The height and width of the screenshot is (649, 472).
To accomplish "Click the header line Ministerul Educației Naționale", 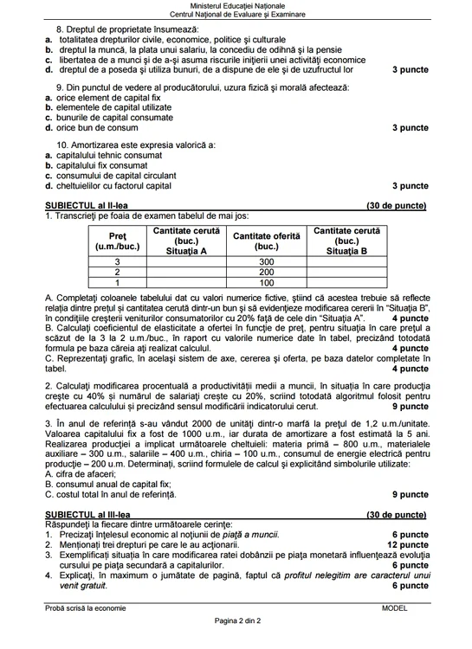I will [236, 6].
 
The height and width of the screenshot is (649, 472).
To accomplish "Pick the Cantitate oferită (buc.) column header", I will [266, 241].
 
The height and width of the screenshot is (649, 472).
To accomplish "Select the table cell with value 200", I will [266, 272].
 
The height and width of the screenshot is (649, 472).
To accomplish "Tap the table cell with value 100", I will [266, 282].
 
